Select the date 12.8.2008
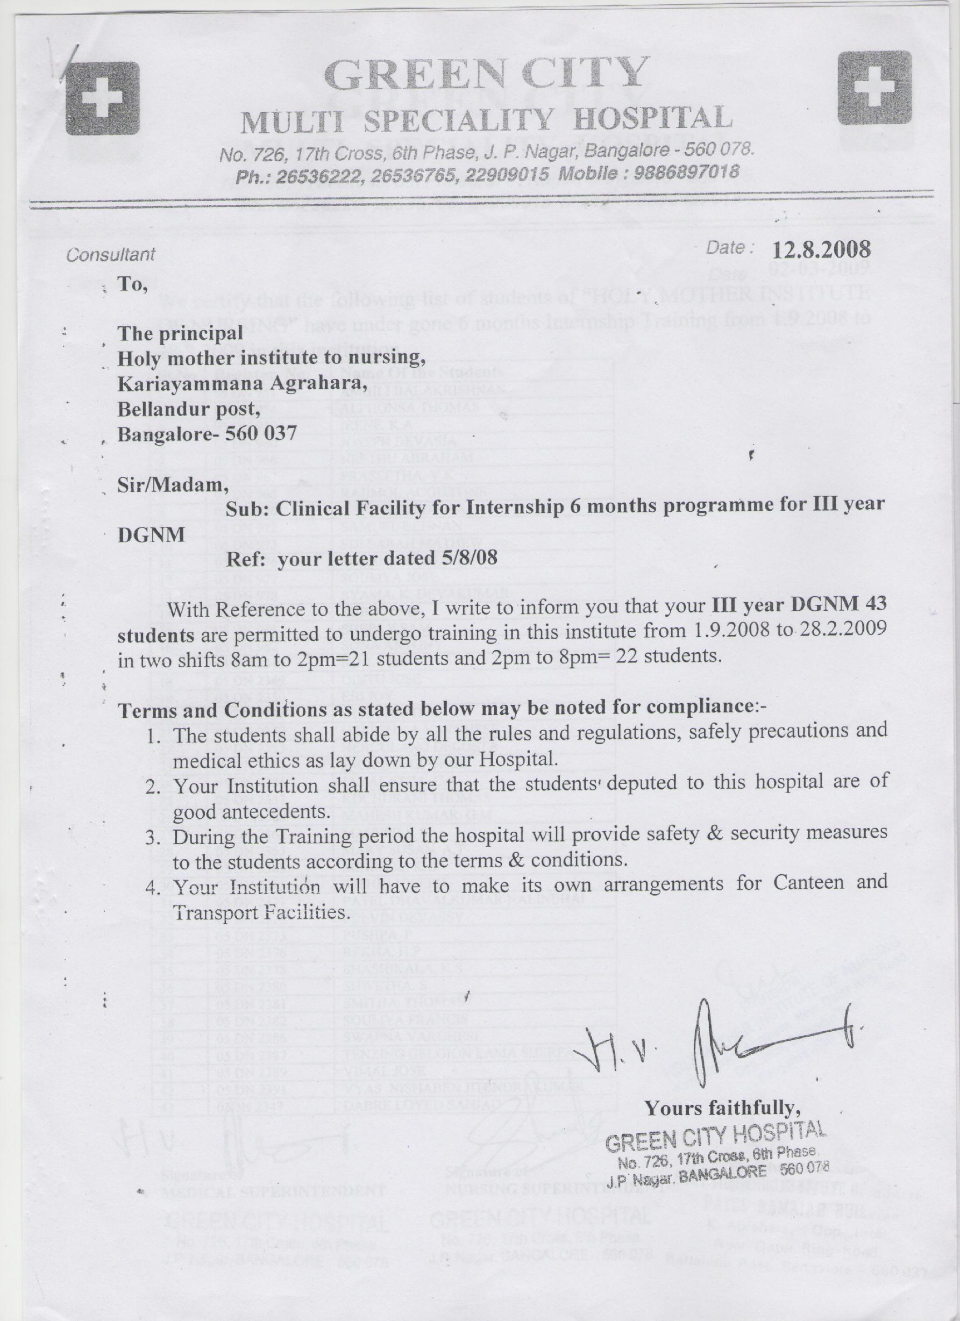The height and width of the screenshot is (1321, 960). (821, 250)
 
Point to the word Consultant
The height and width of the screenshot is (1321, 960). (111, 254)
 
